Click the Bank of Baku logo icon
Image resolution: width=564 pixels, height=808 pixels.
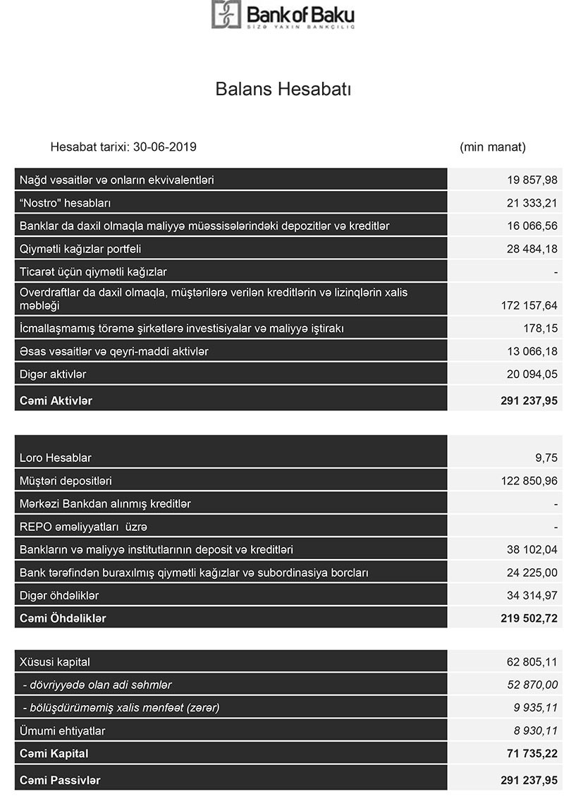tap(226, 14)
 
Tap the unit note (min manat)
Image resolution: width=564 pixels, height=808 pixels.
tap(493, 147)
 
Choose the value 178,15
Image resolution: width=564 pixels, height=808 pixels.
tap(541, 329)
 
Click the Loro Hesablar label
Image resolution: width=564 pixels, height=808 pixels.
tap(56, 458)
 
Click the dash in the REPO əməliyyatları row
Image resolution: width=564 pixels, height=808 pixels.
tap(556, 527)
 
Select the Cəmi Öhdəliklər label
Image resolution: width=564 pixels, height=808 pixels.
tap(63, 618)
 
